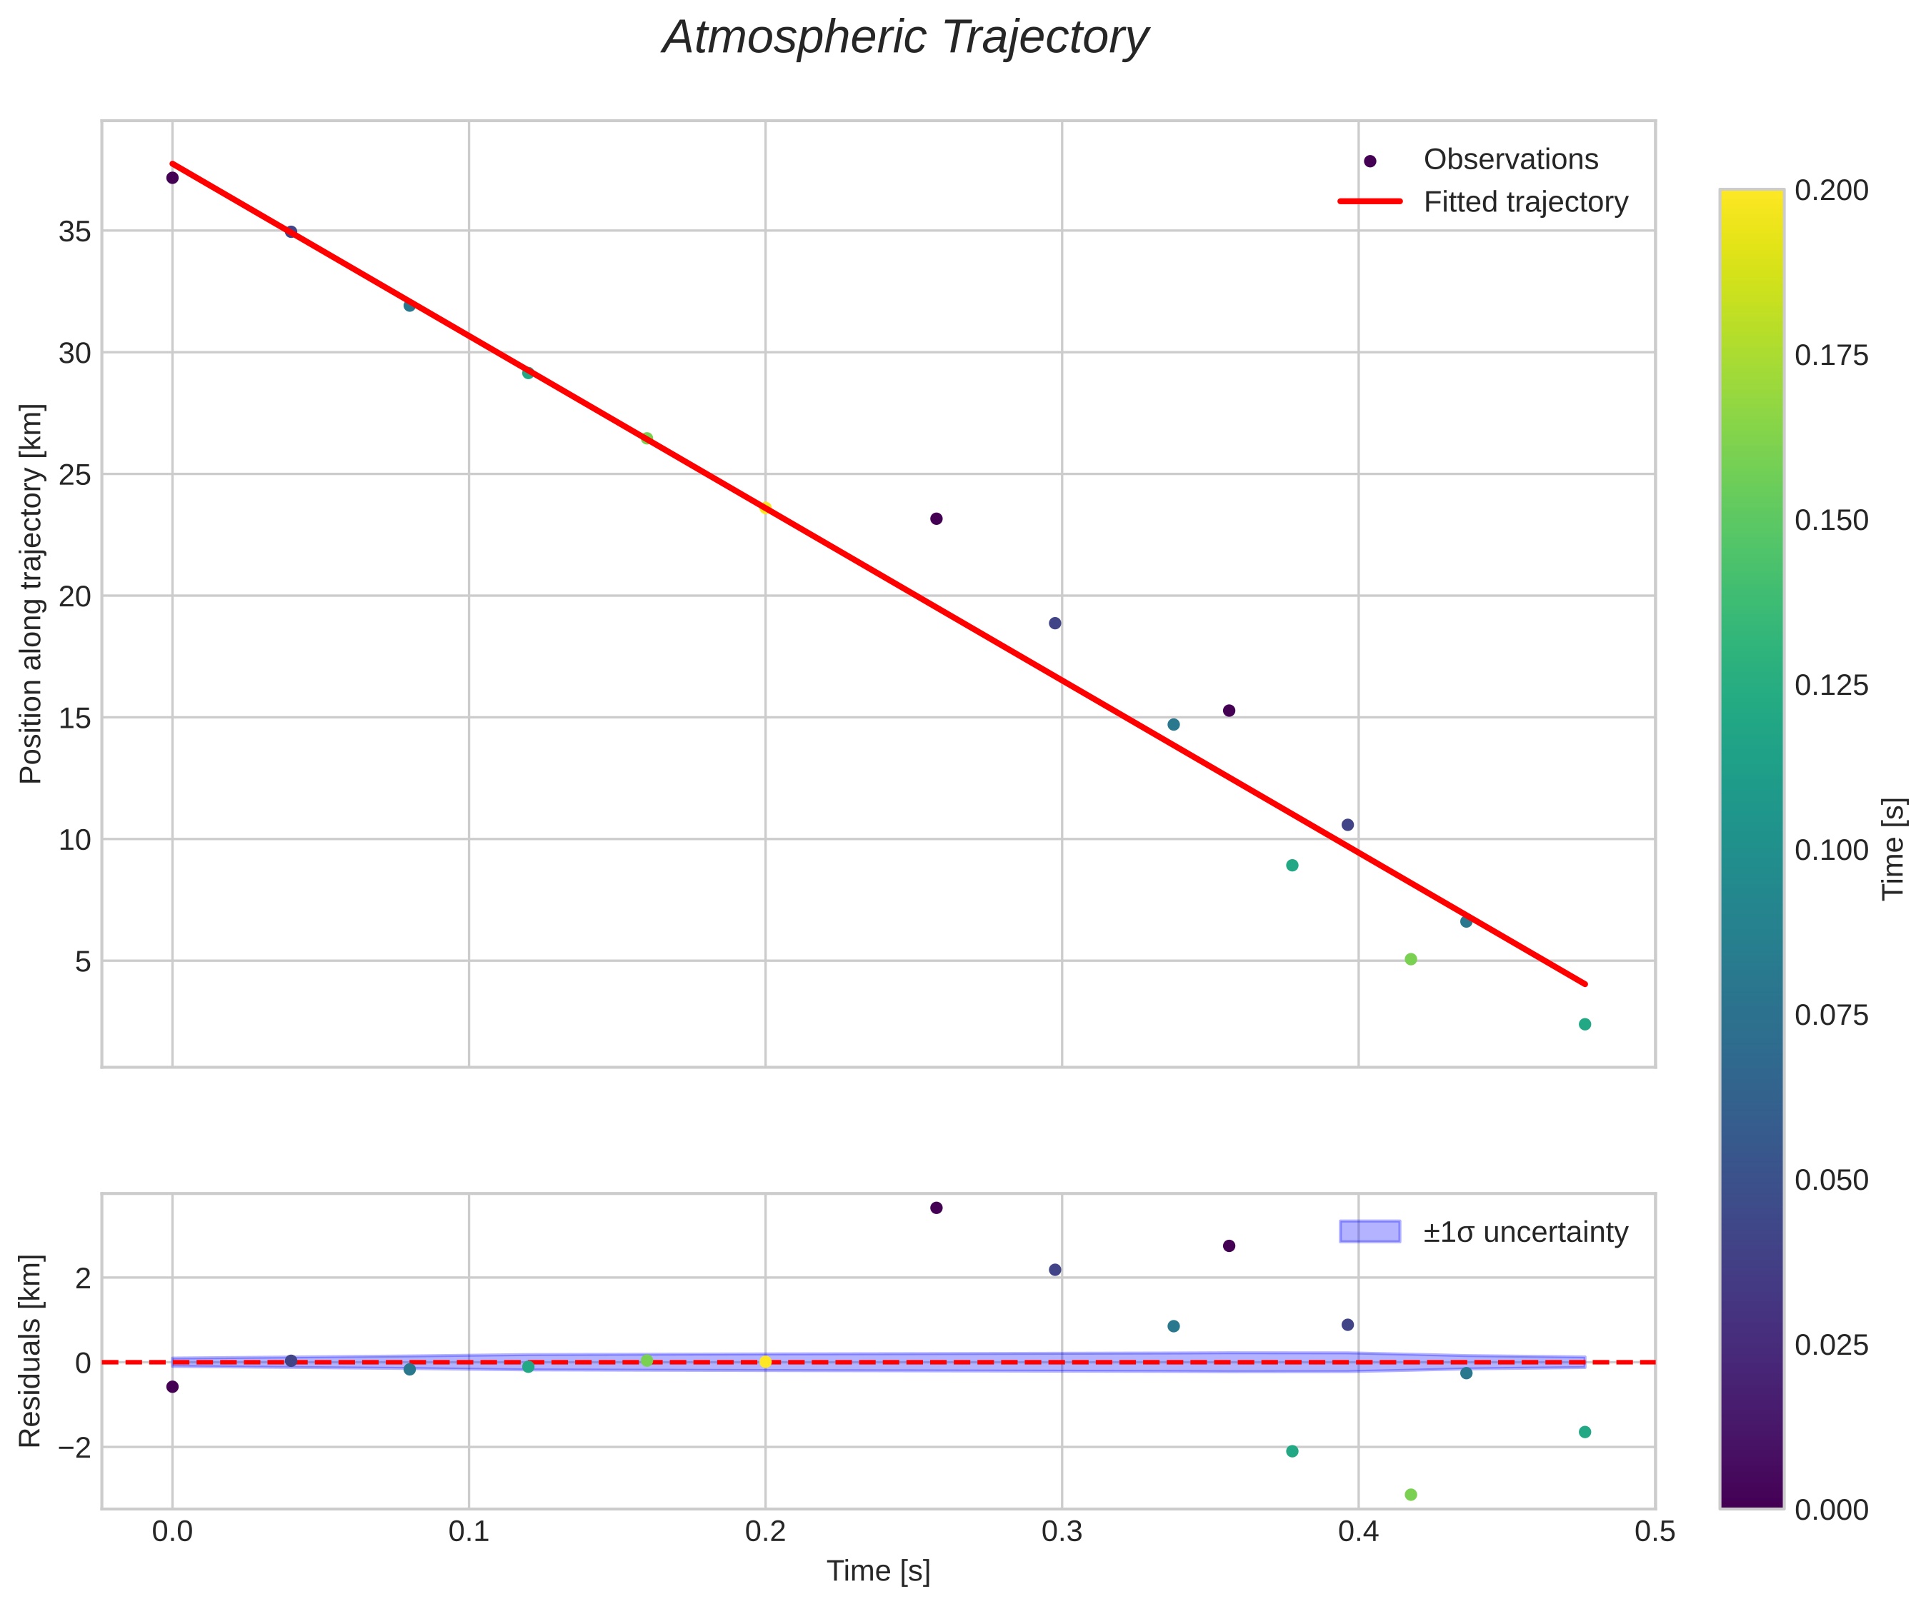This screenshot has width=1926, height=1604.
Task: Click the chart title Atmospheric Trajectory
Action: coord(905,39)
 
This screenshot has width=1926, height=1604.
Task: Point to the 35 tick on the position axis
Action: coord(75,232)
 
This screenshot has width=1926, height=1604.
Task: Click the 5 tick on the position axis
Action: coord(84,962)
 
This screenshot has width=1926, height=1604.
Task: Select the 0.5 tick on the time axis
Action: coord(1655,1533)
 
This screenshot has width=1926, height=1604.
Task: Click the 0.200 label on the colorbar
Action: coord(1830,191)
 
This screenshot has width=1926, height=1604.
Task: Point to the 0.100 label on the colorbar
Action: coord(1830,850)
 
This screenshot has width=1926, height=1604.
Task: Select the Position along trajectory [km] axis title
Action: coord(31,593)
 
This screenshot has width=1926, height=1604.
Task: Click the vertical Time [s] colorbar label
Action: coord(1893,849)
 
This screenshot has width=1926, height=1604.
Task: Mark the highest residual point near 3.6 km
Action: coord(937,1208)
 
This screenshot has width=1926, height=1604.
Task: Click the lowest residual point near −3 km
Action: coord(1410,1495)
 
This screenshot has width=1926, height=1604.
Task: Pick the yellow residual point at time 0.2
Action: coord(765,1362)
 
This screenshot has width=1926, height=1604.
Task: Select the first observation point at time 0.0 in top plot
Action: coord(172,178)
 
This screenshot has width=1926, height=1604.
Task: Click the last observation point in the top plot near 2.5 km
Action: coord(1585,1024)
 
